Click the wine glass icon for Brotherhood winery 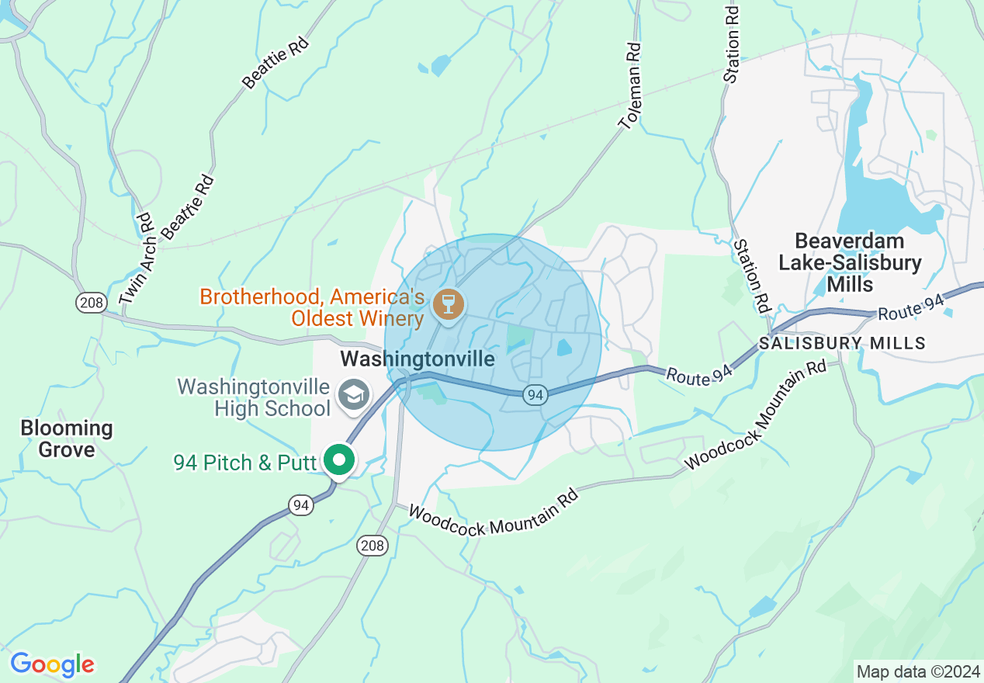pos(448,303)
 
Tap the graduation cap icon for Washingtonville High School pos(354,394)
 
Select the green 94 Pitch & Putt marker pos(338,459)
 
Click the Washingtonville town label pos(418,359)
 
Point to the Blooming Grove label pos(67,439)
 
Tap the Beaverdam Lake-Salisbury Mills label pos(850,262)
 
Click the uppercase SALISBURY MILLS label pos(842,343)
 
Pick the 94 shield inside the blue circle pos(534,395)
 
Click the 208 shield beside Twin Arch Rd pos(91,302)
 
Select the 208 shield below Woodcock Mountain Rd pos(372,546)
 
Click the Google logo pos(52,664)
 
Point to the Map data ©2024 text pos(916,670)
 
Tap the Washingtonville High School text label pos(254,397)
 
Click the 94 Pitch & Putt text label pos(245,463)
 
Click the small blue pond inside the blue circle pos(564,348)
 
